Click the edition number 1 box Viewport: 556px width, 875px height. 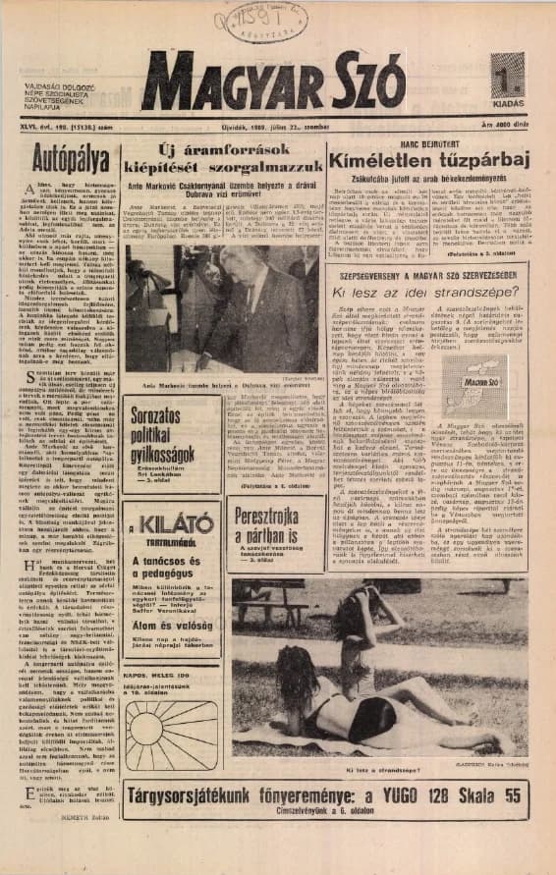click(x=507, y=76)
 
